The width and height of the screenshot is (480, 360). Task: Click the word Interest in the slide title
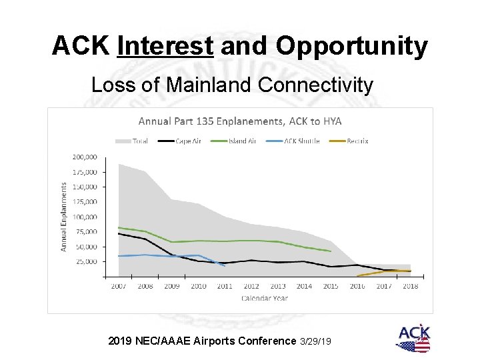165,47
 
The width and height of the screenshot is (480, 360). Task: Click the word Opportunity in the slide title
351,47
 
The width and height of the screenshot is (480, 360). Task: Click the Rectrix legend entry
357,141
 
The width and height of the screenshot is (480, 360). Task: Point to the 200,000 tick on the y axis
84,157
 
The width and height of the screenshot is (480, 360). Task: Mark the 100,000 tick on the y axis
84,217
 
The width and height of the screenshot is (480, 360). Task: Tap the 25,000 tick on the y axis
86,261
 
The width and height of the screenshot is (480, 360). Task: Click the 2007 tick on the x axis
119,286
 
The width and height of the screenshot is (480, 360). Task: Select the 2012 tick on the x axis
251,286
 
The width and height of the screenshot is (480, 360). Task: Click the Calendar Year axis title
265,298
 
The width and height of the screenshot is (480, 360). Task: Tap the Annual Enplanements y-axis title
65,217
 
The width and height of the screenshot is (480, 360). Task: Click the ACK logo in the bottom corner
413,339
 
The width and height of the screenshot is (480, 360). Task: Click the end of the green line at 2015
331,251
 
